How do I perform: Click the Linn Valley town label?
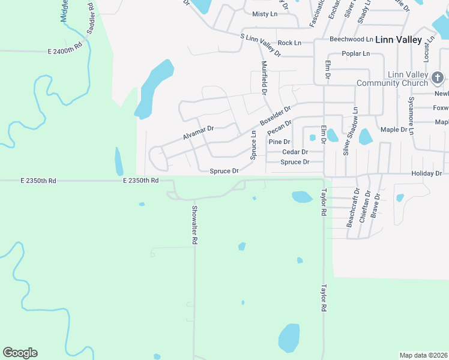coord(398,40)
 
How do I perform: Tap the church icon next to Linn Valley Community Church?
coord(438,77)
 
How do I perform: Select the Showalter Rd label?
coord(194,224)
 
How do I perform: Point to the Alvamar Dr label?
coord(198,133)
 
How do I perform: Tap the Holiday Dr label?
coord(426,173)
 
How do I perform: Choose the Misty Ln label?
coord(265,14)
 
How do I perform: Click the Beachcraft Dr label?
coord(353,208)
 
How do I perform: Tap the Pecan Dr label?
coord(279,127)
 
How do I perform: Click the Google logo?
coord(20,353)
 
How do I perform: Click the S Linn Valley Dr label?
coord(261,45)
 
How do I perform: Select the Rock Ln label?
coord(289,43)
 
